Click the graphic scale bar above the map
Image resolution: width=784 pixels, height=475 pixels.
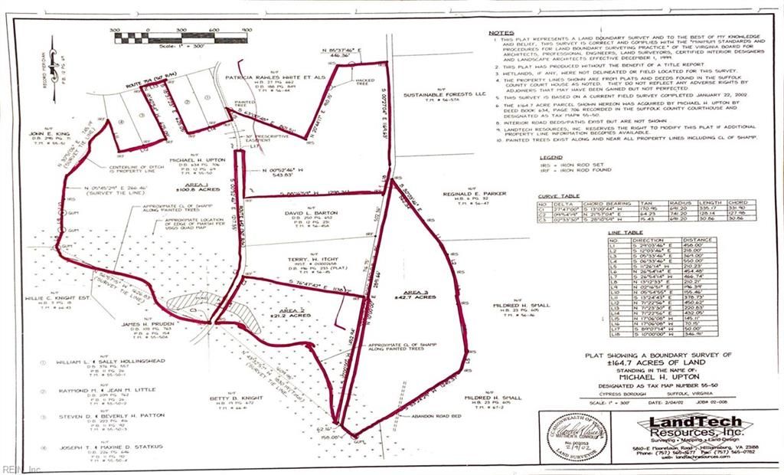(x=181, y=33)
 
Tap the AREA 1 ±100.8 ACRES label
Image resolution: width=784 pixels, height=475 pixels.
(x=198, y=186)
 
